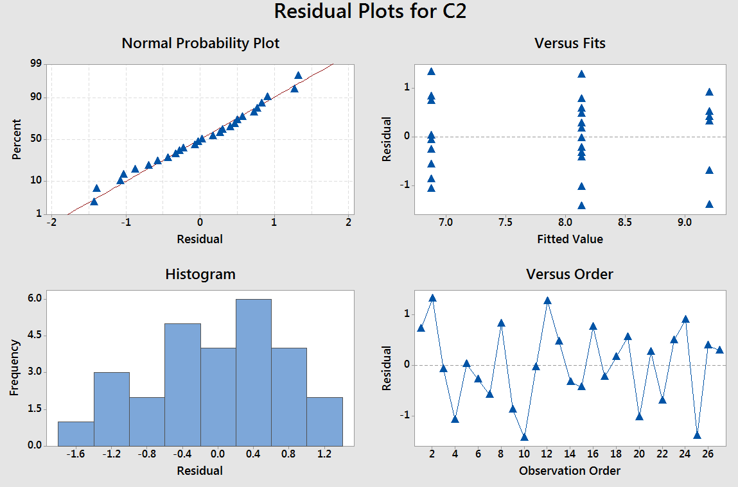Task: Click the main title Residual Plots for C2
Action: tap(369, 12)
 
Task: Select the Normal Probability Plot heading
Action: tap(200, 44)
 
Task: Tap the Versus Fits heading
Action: tap(570, 44)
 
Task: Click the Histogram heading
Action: tap(200, 274)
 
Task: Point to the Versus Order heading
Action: tap(570, 274)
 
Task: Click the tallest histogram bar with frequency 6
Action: tap(254, 372)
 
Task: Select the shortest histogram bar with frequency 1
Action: tap(76, 433)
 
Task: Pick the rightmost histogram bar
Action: tap(324, 421)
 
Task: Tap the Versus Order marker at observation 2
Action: tap(432, 298)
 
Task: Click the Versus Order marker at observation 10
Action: tap(524, 437)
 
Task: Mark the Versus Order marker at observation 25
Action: tap(697, 436)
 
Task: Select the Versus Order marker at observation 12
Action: tap(547, 300)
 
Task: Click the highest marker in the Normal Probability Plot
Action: tap(298, 75)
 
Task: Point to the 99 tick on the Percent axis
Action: tap(35, 64)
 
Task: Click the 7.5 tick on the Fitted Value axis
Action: tap(505, 223)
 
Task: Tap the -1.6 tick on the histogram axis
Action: tap(76, 455)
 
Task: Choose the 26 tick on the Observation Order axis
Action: tap(708, 455)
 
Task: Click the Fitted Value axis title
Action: tap(570, 239)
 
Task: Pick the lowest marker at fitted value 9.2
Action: tap(709, 204)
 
